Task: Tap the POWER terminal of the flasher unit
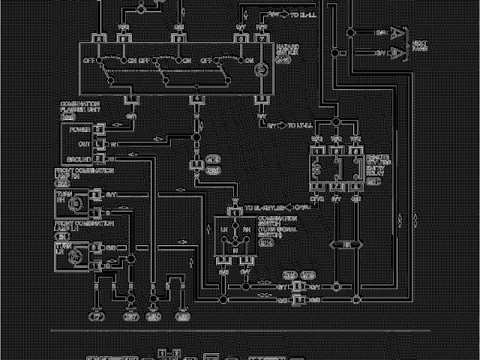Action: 79,128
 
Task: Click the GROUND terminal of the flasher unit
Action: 79,160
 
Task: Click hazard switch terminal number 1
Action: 131,98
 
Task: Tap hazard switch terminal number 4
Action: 197,98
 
